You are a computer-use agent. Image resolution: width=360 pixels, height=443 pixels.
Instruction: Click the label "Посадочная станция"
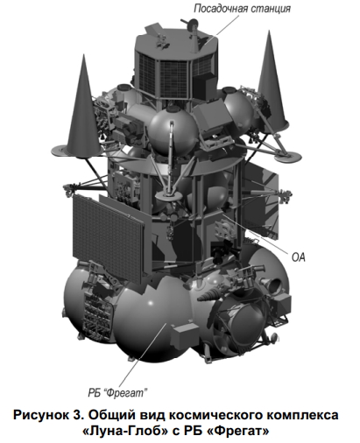242,8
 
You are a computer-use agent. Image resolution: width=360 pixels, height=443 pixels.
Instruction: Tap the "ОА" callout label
299,257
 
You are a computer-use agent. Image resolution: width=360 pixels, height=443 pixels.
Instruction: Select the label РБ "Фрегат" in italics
117,393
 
